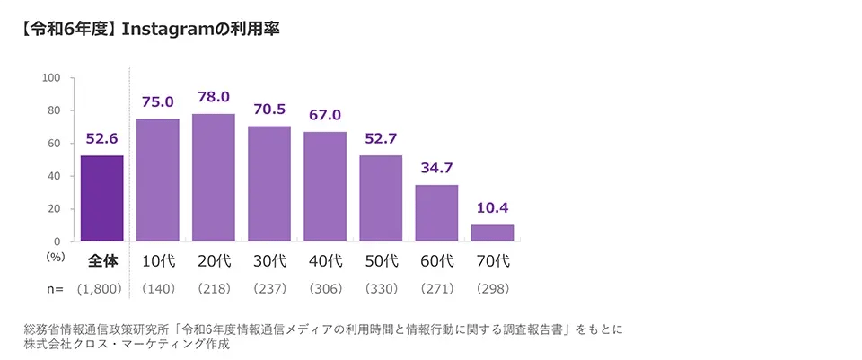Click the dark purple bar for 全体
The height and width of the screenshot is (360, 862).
[101, 198]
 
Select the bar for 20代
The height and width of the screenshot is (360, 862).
[214, 178]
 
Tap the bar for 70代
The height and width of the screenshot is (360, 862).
[492, 233]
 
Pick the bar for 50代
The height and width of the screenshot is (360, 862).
[381, 198]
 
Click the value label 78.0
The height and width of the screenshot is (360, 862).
[214, 97]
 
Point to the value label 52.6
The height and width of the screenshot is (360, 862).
[101, 138]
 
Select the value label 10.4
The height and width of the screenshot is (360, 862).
[492, 207]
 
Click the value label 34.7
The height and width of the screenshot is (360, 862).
[436, 168]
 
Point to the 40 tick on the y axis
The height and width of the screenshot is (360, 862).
[54, 176]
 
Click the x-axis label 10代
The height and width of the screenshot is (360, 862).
[158, 262]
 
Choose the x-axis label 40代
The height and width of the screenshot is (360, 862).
[325, 262]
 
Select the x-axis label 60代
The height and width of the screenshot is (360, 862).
[436, 262]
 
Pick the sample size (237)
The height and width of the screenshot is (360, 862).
[269, 290]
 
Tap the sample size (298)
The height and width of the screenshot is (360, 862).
[492, 290]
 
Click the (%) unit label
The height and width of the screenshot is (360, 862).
[56, 256]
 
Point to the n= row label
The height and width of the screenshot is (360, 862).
[56, 290]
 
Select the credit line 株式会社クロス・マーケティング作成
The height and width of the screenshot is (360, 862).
[128, 345]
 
